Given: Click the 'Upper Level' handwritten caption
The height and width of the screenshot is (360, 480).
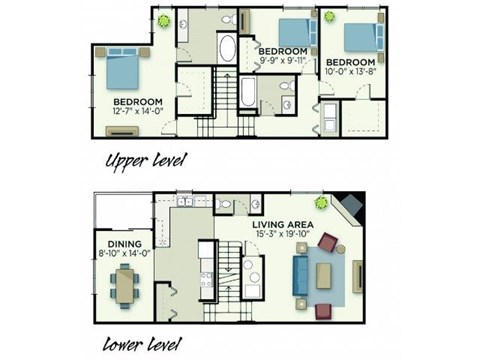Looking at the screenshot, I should click(147, 159).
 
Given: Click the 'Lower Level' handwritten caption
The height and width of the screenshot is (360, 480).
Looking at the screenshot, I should click(148, 347).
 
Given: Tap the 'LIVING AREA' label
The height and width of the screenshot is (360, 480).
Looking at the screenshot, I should click(285, 224).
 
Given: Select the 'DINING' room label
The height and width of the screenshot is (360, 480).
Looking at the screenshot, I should click(124, 243).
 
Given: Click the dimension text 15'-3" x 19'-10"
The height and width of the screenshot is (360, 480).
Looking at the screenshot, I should click(284, 235).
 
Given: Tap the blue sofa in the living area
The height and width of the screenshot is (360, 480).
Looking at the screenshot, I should click(300, 275).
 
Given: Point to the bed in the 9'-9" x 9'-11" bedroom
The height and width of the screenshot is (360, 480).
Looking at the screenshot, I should click(293, 32).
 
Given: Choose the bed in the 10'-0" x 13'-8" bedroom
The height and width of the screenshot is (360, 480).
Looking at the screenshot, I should click(358, 37).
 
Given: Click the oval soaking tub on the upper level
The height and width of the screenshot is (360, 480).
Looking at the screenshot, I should click(227, 49).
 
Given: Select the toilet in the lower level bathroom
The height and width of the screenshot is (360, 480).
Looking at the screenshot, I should click(225, 205).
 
